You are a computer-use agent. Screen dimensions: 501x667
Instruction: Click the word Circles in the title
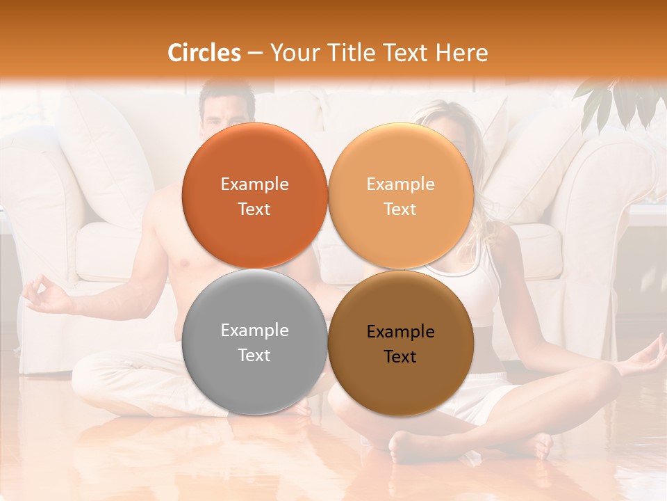click(204, 53)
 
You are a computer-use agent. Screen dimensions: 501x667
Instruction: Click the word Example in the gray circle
click(254, 331)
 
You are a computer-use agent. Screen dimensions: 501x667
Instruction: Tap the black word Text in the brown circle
click(400, 357)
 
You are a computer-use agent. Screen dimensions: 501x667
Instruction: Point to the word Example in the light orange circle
click(400, 184)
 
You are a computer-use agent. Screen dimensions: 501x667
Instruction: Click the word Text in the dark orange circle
click(254, 209)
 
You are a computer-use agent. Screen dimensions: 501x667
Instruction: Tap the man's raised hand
click(43, 294)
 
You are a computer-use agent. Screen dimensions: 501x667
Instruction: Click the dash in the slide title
click(254, 53)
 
